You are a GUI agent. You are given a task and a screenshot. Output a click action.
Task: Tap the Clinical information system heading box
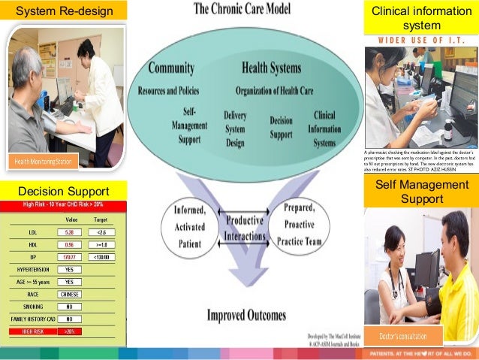(420, 19)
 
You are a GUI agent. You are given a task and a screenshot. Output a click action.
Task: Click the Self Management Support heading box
(421, 193)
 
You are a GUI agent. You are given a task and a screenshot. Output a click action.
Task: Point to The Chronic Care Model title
(243, 10)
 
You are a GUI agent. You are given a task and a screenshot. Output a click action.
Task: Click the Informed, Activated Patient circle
(190, 225)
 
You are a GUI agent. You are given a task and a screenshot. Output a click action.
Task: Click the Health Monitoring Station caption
(43, 162)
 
